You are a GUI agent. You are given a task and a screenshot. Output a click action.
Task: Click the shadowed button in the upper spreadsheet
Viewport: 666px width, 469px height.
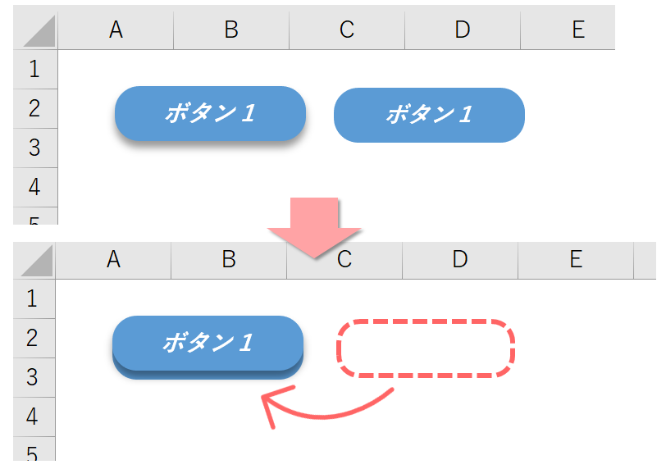(210, 113)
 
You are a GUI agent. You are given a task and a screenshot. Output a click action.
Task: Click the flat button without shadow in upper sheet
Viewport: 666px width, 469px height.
(428, 115)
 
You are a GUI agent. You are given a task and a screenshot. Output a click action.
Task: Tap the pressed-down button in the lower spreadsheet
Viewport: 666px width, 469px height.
(208, 344)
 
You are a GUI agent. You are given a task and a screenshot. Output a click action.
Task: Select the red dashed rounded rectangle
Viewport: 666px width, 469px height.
(426, 348)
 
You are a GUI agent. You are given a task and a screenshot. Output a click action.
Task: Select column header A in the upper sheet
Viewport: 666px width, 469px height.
(116, 30)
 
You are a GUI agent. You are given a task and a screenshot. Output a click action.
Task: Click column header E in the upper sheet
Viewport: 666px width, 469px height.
(577, 30)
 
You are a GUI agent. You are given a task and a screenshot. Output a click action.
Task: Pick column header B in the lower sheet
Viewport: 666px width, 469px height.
(229, 260)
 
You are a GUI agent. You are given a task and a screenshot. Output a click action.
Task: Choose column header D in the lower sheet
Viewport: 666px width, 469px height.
(459, 260)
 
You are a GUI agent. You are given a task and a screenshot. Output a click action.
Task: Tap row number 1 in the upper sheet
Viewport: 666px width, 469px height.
(34, 69)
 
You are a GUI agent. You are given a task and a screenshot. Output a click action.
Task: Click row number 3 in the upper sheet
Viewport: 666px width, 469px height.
(34, 148)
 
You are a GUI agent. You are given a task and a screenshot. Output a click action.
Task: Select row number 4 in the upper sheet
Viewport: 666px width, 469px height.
(34, 187)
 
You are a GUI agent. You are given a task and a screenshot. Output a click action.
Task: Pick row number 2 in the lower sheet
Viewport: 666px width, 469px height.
(33, 338)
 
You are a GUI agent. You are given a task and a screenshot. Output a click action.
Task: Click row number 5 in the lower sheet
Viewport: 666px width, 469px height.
(33, 453)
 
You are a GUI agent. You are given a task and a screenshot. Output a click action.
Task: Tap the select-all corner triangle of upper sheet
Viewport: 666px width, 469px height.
(38, 31)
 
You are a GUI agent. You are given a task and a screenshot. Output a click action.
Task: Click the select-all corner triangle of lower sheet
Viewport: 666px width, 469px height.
(36, 261)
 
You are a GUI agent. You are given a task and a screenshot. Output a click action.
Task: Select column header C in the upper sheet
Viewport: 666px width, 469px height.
(347, 30)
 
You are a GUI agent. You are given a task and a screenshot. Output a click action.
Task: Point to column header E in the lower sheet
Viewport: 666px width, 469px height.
(576, 260)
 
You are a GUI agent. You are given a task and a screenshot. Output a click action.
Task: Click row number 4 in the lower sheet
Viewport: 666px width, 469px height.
(33, 417)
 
